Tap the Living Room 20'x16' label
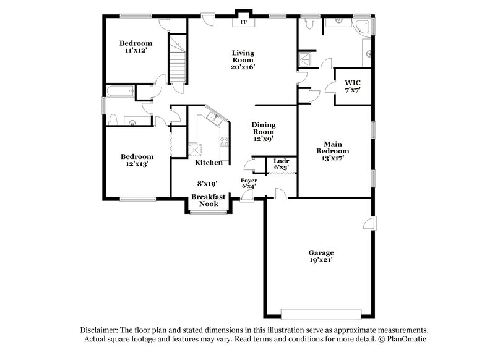point(243,59)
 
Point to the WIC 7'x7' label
point(353,86)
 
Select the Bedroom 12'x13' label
point(136,161)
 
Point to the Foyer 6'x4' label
point(249,182)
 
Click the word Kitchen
point(209,163)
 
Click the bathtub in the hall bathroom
point(120,92)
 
